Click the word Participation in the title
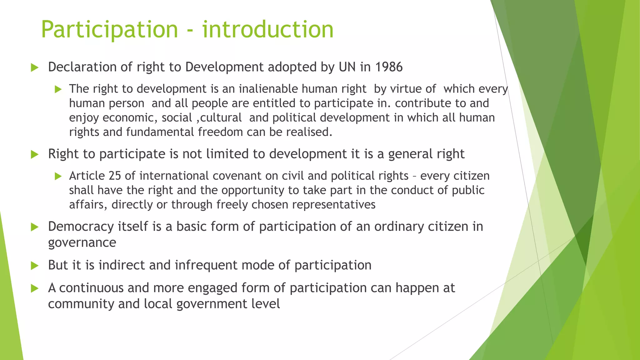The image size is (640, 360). pyautogui.click(x=109, y=30)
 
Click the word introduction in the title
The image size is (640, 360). pyautogui.click(x=268, y=30)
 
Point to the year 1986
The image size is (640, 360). pyautogui.click(x=389, y=67)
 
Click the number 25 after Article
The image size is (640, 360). pyautogui.click(x=115, y=176)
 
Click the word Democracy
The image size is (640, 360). pyautogui.click(x=81, y=227)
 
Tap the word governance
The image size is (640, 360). pyautogui.click(x=82, y=243)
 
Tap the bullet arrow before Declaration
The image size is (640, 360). pyautogui.click(x=35, y=67)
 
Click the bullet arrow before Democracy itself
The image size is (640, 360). pyautogui.click(x=35, y=227)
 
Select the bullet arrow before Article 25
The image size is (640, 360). pyautogui.click(x=58, y=176)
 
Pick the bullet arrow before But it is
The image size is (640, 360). pyautogui.click(x=35, y=266)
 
